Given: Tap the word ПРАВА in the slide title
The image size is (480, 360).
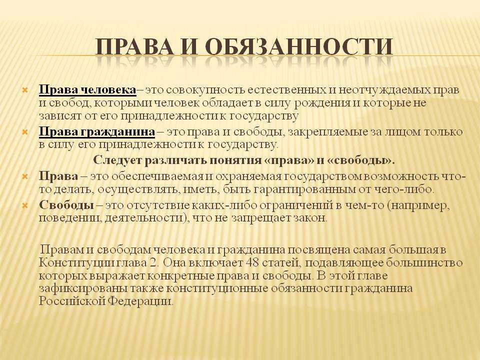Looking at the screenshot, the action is [x=136, y=47].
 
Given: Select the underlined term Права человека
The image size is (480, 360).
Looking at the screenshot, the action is [x=87, y=90].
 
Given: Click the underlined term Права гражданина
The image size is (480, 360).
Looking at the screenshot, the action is [x=96, y=132].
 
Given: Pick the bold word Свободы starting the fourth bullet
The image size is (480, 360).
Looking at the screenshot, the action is [x=66, y=205].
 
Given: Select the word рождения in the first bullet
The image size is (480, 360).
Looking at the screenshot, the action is [x=322, y=103].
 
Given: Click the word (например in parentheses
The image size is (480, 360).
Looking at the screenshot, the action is [x=418, y=205].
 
